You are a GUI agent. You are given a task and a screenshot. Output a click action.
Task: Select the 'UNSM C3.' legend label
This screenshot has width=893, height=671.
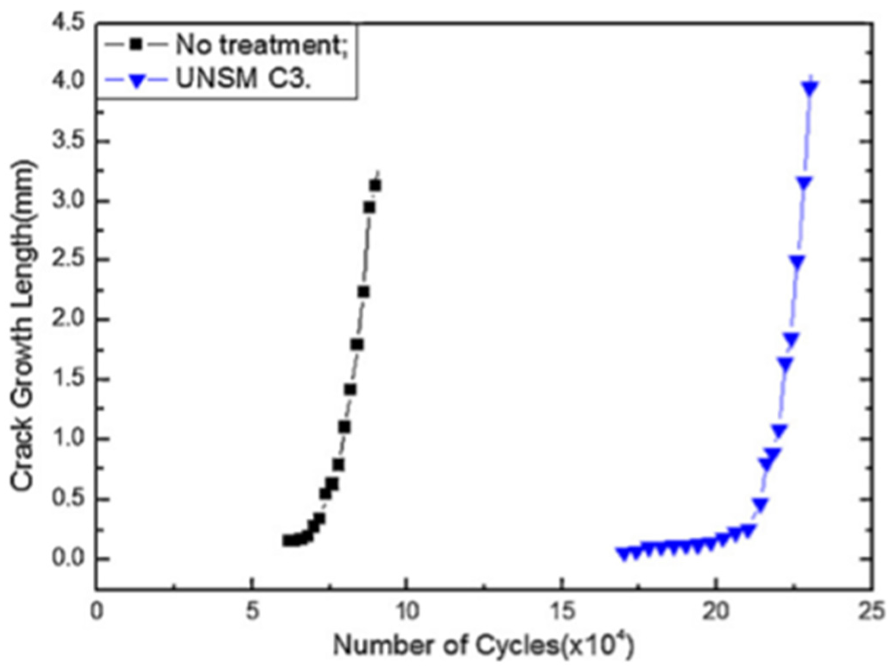coord(243,79)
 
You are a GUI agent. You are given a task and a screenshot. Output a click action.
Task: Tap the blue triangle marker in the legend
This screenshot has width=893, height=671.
coord(137,80)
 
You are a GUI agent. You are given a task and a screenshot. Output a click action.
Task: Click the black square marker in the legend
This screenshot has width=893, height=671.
coord(137,44)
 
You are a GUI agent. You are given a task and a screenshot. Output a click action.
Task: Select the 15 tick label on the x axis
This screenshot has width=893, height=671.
coord(562,611)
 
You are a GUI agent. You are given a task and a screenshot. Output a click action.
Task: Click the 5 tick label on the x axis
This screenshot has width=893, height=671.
coord(252,611)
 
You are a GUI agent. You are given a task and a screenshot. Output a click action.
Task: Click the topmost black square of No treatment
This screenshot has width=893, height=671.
coord(375,186)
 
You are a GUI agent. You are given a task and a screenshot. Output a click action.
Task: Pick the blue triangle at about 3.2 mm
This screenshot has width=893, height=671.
coord(805,183)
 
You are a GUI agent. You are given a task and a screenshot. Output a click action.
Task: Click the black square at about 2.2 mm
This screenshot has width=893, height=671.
coord(363,292)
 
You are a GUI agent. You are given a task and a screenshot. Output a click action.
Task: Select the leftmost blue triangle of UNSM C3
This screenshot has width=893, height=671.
coord(623,554)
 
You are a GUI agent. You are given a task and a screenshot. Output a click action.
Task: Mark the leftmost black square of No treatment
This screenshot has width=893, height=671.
coord(287,540)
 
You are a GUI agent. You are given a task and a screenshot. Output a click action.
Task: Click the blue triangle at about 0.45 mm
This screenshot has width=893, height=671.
coord(760,504)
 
